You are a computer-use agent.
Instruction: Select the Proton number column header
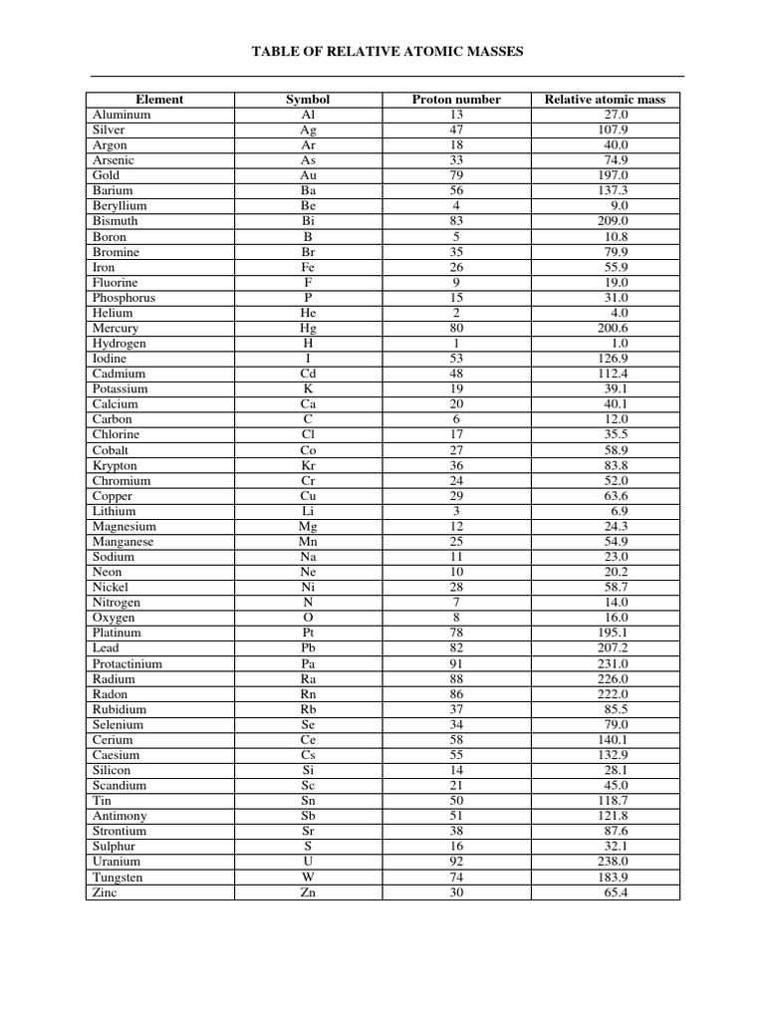pyautogui.click(x=456, y=100)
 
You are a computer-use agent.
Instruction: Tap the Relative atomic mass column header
pyautogui.click(x=606, y=100)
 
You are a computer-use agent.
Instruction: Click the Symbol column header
pyautogui.click(x=308, y=100)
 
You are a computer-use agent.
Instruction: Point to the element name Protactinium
pyautogui.click(x=127, y=663)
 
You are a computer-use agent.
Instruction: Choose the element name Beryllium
pyautogui.click(x=118, y=205)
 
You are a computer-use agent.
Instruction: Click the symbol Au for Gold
pyautogui.click(x=308, y=175)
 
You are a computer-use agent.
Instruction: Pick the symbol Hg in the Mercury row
pyautogui.click(x=308, y=328)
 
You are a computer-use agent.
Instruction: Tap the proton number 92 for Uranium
pyautogui.click(x=456, y=862)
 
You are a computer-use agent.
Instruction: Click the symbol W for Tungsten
pyautogui.click(x=308, y=878)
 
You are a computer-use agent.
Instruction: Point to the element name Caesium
pyautogui.click(x=116, y=755)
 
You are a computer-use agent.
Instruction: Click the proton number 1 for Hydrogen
pyautogui.click(x=456, y=344)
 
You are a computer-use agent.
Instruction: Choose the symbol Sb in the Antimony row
pyautogui.click(x=308, y=816)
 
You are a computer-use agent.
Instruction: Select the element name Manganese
pyautogui.click(x=124, y=542)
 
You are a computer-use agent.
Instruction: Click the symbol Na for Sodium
pyautogui.click(x=308, y=557)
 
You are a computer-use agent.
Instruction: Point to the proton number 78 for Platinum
pyautogui.click(x=456, y=633)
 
